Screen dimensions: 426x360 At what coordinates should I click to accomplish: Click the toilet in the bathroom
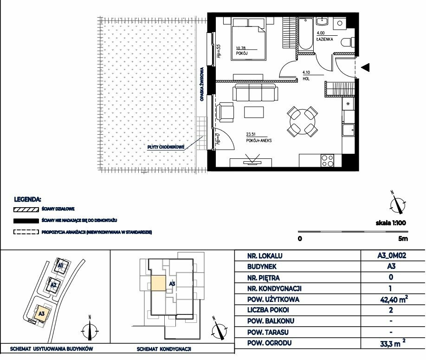[x=348, y=42]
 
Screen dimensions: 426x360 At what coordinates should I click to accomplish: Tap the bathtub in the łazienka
[x=306, y=34]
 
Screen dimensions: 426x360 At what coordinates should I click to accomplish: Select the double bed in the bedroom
[x=248, y=39]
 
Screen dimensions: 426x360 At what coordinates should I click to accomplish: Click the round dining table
[x=303, y=122]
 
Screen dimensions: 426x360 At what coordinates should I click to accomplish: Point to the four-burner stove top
[x=327, y=160]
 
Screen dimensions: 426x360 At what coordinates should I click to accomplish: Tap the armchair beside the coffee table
[x=225, y=112]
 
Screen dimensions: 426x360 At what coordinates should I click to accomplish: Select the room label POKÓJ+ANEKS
[x=259, y=141]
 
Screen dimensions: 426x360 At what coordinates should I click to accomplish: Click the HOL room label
[x=306, y=79]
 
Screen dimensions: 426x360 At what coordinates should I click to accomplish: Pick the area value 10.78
[x=241, y=48]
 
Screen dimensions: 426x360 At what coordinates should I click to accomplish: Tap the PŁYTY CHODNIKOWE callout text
[x=166, y=147]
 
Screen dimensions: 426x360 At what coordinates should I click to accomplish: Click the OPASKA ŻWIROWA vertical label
[x=202, y=84]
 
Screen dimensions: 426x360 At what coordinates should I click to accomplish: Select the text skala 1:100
[x=391, y=223]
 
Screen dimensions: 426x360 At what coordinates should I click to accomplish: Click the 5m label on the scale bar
[x=403, y=239]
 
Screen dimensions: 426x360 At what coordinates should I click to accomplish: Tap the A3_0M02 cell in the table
[x=392, y=255]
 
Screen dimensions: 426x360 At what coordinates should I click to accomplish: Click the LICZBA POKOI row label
[x=268, y=310]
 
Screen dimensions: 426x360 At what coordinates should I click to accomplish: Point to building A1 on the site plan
[x=60, y=265]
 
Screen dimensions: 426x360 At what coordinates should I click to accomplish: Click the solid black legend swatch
[x=26, y=221]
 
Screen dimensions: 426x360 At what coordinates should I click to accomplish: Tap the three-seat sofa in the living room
[x=255, y=92]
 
